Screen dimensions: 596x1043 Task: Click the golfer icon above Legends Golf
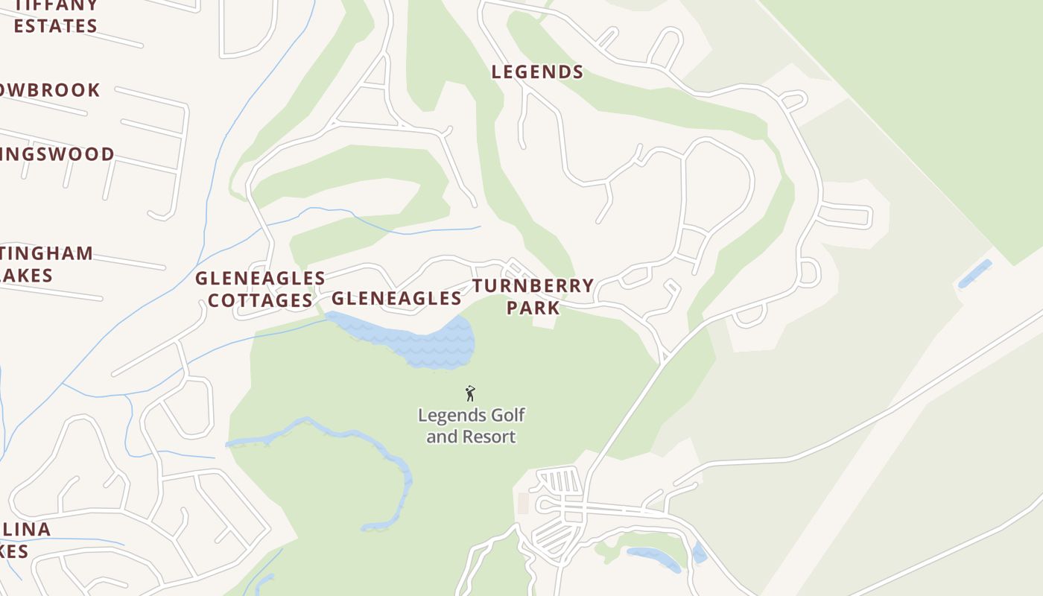(x=470, y=393)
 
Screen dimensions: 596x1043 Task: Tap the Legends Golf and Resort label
(x=470, y=425)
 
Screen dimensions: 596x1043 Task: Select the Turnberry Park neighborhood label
(x=533, y=297)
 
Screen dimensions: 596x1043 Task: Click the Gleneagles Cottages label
(x=260, y=289)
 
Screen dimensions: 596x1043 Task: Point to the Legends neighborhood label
(x=537, y=72)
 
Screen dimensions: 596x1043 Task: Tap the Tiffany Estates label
(x=56, y=15)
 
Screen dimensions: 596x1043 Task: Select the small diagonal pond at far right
(x=974, y=273)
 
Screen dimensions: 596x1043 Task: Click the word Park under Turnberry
(x=533, y=308)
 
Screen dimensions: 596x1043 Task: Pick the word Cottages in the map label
(x=260, y=301)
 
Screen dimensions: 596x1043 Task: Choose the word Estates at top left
(x=56, y=26)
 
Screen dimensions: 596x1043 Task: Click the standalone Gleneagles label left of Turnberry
(x=396, y=299)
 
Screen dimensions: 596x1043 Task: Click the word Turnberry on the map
(x=533, y=286)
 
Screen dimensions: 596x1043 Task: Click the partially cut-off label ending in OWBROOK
(x=49, y=90)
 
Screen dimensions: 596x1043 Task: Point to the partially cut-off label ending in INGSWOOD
(x=57, y=154)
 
